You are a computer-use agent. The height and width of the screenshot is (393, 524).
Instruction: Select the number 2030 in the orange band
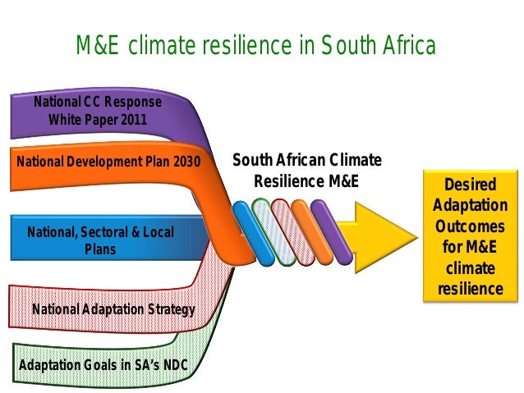pyautogui.click(x=186, y=161)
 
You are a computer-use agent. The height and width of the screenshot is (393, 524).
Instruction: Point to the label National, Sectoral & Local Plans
pyautogui.click(x=100, y=240)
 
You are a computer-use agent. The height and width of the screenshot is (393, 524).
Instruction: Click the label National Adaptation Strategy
pyautogui.click(x=113, y=309)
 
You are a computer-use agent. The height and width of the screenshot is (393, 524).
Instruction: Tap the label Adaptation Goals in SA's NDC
pyautogui.click(x=101, y=363)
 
